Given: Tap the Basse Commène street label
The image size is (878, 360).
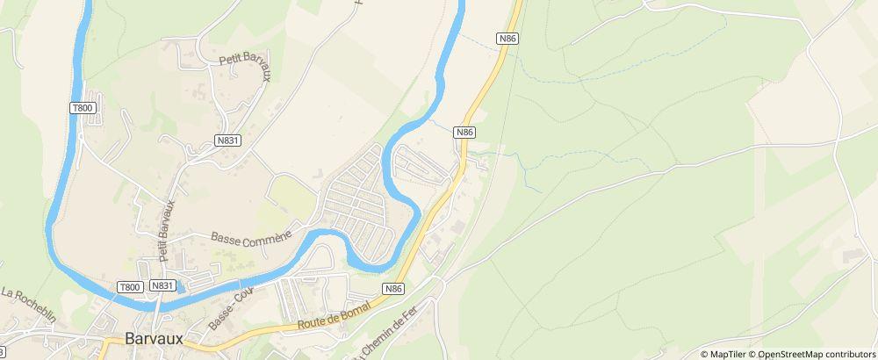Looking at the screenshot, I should [x=251, y=236].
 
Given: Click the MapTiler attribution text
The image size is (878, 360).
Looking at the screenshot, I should [x=728, y=354].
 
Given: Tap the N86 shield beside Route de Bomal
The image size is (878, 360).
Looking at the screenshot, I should [x=393, y=289].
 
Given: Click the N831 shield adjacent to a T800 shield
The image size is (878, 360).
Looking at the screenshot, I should [x=162, y=286].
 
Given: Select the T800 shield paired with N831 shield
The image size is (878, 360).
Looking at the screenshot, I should [x=130, y=287].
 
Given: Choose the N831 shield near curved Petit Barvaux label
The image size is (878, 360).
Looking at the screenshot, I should [x=227, y=140].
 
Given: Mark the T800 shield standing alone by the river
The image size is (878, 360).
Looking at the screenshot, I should [x=81, y=107].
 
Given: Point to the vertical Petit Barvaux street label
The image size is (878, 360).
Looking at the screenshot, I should [x=166, y=230].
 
